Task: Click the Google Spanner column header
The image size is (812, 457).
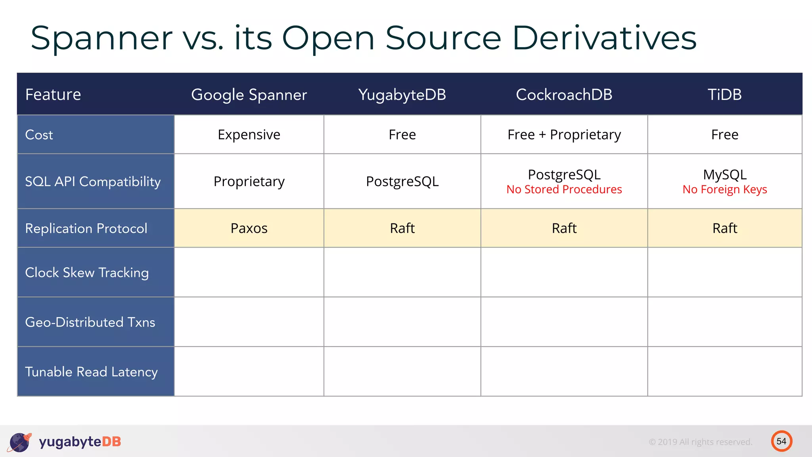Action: tap(249, 95)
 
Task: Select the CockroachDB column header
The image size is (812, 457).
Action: tap(564, 95)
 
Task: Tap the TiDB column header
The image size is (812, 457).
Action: tap(724, 95)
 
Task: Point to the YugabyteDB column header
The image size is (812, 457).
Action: tap(402, 95)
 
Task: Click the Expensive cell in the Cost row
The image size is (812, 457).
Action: tap(249, 135)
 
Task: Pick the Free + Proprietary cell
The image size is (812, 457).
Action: tap(564, 135)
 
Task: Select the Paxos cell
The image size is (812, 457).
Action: tap(249, 228)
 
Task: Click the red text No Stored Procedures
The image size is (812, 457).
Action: tap(564, 190)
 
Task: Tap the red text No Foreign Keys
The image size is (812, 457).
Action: tap(724, 190)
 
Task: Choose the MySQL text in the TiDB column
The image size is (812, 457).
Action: tap(724, 175)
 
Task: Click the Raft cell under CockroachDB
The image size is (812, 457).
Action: tap(564, 228)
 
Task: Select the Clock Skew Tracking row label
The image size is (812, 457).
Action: tap(87, 273)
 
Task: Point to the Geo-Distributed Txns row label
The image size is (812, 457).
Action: tap(90, 322)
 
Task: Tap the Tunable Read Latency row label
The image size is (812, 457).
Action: tap(91, 372)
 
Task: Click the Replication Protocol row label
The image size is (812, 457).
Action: tap(86, 228)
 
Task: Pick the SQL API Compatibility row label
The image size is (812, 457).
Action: tap(93, 182)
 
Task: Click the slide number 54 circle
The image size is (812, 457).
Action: tap(781, 441)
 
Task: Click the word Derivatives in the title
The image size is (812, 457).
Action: tap(604, 38)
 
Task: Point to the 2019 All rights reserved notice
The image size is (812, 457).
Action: tap(700, 442)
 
